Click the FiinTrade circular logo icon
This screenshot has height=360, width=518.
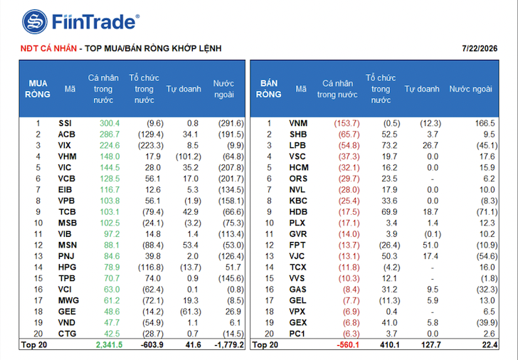(35, 22)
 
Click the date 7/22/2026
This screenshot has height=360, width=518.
(480, 48)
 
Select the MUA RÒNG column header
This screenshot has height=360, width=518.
(38, 89)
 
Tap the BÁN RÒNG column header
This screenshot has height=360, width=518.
(268, 89)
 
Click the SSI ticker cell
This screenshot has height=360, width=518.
(65, 123)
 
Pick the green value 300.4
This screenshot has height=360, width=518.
(110, 123)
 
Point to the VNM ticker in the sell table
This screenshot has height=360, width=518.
(298, 123)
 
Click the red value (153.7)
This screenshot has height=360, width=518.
(347, 123)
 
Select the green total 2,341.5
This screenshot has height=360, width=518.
(110, 345)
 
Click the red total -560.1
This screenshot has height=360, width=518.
(348, 345)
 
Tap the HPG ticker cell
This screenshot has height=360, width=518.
(67, 268)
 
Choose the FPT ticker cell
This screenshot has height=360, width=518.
(297, 245)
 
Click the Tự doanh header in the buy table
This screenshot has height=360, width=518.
(184, 89)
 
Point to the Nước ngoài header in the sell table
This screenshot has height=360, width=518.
(471, 89)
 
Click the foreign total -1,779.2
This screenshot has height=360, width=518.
(229, 345)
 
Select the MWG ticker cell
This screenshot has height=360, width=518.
(69, 300)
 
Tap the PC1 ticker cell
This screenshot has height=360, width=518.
(297, 334)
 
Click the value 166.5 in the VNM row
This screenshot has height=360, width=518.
(485, 123)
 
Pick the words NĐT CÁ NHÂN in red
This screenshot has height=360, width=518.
(48, 48)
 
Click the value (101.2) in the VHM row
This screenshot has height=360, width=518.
(189, 157)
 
